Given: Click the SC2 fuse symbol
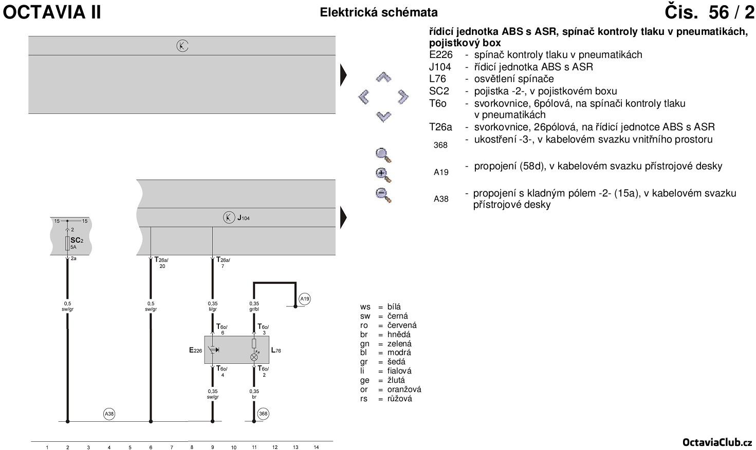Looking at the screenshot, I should [x=67, y=243].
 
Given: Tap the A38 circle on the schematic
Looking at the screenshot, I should [x=109, y=414].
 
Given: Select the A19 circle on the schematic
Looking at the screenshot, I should [x=305, y=299].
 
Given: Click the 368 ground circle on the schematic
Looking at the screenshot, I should [x=263, y=414].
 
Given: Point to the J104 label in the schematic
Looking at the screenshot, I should [x=243, y=218].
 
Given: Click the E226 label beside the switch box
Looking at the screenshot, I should [x=195, y=350].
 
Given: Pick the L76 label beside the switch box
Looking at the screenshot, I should [x=276, y=350].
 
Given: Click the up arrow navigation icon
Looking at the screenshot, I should [x=383, y=77].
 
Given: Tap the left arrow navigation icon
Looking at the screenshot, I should [x=364, y=96].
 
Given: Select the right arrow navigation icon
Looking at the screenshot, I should [x=403, y=96].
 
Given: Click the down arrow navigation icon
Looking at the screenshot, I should [x=383, y=116].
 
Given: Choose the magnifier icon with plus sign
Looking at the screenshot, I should [x=383, y=174].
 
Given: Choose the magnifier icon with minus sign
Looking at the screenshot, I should [x=383, y=195].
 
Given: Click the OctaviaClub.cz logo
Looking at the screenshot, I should [x=717, y=442].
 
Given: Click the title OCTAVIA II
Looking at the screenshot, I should [x=52, y=12].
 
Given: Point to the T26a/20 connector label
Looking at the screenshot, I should [x=161, y=263].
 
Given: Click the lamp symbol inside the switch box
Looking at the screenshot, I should [x=254, y=357].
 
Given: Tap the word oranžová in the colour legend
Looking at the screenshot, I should [x=404, y=389].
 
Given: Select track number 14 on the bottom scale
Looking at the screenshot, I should [x=316, y=447].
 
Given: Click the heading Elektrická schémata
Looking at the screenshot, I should [x=379, y=12].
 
